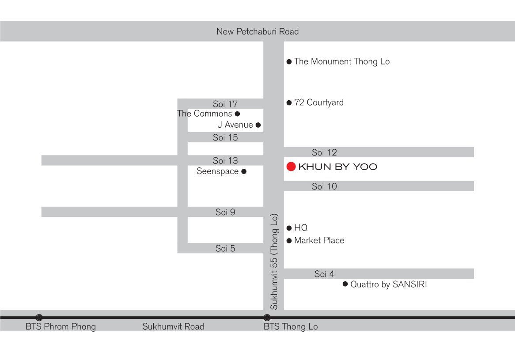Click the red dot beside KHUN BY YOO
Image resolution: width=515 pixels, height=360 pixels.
coord(291,167)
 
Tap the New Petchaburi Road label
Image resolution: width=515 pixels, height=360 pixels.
coord(257,31)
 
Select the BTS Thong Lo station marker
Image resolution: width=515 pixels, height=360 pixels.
coord(267,318)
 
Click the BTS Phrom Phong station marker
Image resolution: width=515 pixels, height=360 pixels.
coord(39,318)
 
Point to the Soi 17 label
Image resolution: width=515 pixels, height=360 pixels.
coord(225,104)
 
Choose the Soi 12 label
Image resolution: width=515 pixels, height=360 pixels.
coord(324,152)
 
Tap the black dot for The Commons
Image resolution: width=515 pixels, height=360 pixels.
coord(237,114)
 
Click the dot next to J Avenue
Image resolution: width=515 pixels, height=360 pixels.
coord(258,125)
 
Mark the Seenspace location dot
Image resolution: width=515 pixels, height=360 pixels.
coord(244,171)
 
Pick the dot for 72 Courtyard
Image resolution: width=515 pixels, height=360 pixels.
coord(289,103)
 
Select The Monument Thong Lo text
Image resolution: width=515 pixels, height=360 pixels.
coord(342,61)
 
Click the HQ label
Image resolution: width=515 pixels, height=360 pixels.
coord(301,228)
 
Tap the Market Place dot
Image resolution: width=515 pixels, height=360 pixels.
coord(289,241)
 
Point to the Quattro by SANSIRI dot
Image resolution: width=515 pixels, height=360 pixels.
coord(345,284)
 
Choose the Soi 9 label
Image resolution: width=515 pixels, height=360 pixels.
coord(225,212)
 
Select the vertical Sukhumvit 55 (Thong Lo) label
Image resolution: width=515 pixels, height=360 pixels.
coord(274,261)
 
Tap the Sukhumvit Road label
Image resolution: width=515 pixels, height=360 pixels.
coord(173,326)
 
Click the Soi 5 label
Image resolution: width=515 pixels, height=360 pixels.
coord(225,248)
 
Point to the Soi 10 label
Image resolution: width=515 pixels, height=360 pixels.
coord(324,186)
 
